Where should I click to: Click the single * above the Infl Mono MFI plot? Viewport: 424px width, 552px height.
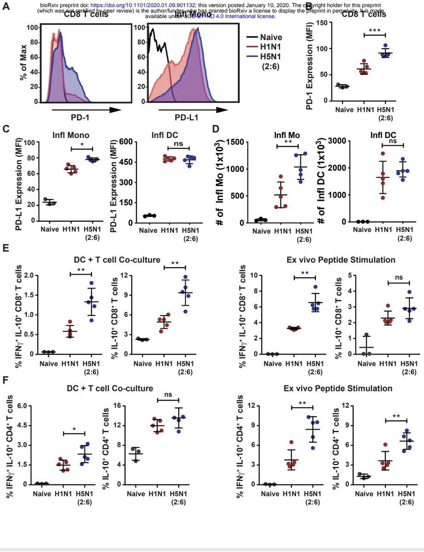coord(82,145)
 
